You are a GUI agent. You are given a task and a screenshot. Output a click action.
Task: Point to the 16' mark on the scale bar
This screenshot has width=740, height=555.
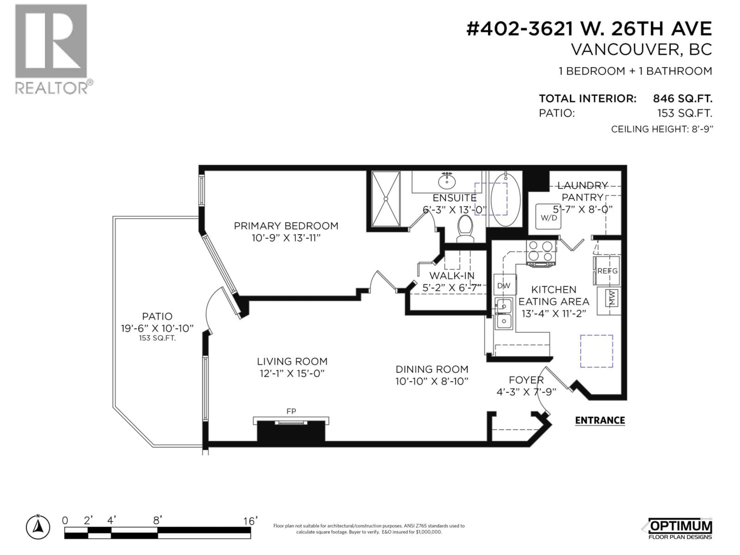(x=250, y=521)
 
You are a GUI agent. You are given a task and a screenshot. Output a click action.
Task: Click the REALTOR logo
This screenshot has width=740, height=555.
(x=52, y=49)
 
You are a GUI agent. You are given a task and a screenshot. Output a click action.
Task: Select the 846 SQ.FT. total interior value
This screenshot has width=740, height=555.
(x=682, y=99)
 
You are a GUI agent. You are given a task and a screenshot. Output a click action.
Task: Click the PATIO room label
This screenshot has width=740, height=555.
(x=157, y=316)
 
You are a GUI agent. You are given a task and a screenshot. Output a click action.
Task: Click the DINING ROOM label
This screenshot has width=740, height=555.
(x=431, y=369)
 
